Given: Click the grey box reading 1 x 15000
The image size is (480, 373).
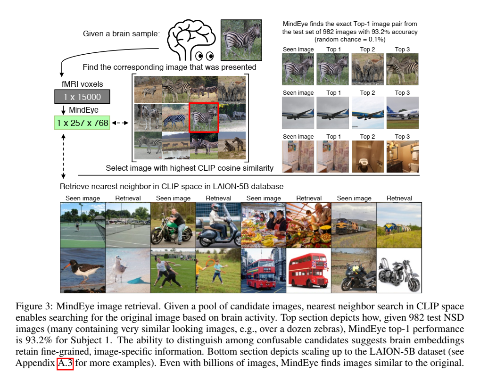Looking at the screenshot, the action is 83,97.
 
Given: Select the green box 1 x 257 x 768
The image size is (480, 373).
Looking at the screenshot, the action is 83,123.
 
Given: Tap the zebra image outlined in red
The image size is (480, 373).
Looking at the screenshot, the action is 204,117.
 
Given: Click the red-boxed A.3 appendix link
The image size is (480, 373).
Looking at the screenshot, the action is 65,363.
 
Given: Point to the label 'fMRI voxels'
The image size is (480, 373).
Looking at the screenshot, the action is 83,84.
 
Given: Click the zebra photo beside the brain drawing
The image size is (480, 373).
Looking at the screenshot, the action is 241,40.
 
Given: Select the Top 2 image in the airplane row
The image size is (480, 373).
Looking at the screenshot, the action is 368,113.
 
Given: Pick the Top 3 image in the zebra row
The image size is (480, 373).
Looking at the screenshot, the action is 402,69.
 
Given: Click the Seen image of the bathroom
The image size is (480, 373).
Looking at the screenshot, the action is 298,156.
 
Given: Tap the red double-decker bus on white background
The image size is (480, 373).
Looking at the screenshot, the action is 308,271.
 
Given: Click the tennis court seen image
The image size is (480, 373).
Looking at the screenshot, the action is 83,225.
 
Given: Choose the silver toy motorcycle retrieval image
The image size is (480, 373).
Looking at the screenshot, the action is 399,271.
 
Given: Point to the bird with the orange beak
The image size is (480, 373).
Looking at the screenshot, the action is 83,271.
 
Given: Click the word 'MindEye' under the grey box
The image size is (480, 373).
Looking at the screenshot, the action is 83,110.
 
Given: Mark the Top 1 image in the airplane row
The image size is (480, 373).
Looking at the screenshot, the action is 333,113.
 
